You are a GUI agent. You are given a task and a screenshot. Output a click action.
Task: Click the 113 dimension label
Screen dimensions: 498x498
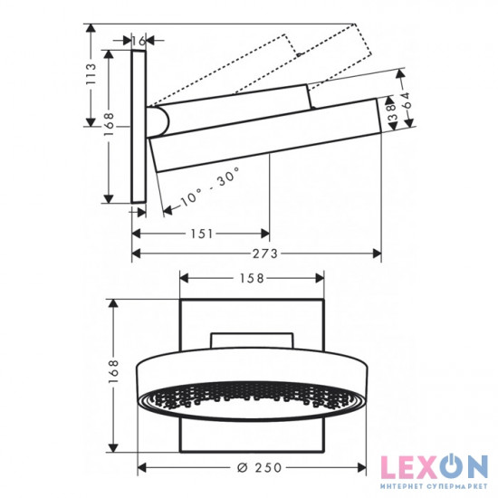pos(91,74)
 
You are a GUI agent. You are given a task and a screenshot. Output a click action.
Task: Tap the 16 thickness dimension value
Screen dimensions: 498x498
pos(139,41)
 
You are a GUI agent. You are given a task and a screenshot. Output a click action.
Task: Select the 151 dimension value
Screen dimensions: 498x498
pos(202,235)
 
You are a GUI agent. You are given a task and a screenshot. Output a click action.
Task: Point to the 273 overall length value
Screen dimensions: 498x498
pos(265,254)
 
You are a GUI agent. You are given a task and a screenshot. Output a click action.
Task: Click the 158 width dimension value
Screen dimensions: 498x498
pos(252,279)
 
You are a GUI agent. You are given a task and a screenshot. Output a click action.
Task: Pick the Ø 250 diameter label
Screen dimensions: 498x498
pos(260,467)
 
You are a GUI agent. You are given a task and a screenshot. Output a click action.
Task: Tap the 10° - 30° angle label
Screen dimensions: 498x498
pos(209,188)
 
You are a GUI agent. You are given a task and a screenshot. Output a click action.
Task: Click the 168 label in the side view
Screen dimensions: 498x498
pos(109,125)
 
